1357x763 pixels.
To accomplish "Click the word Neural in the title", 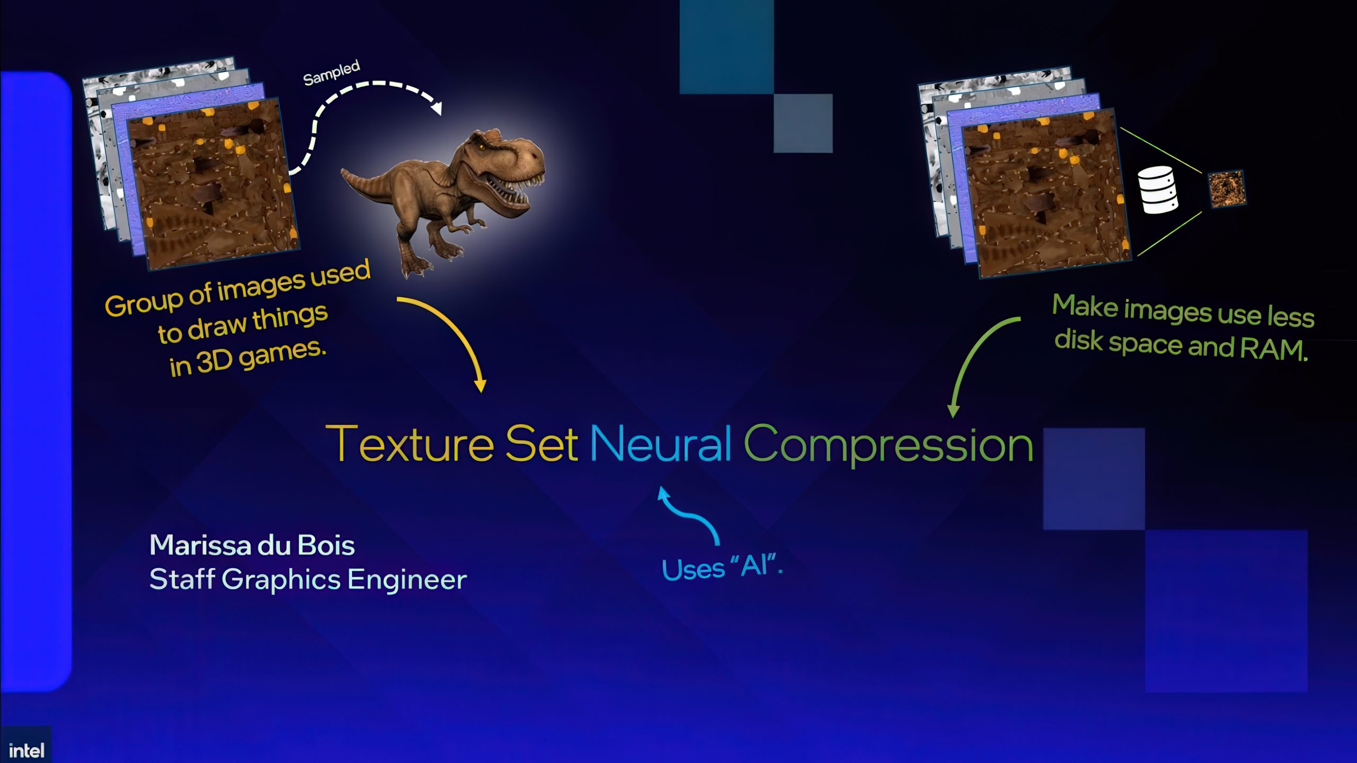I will pyautogui.click(x=660, y=444).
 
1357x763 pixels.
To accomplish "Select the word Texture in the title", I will pyautogui.click(x=410, y=444).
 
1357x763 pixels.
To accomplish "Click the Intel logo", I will pyautogui.click(x=26, y=751).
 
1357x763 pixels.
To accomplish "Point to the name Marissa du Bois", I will pyautogui.click(x=252, y=545).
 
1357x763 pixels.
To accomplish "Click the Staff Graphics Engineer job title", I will pyautogui.click(x=308, y=579).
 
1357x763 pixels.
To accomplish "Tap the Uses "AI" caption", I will pyautogui.click(x=722, y=568).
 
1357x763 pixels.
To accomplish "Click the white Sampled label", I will pyautogui.click(x=331, y=73).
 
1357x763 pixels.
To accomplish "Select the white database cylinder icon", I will pyautogui.click(x=1158, y=189).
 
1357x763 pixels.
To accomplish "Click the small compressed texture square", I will pyautogui.click(x=1227, y=188).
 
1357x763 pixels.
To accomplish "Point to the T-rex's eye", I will pyautogui.click(x=481, y=147).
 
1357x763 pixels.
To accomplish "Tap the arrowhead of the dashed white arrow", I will pyautogui.click(x=436, y=108).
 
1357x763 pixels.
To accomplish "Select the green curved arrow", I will pyautogui.click(x=972, y=358).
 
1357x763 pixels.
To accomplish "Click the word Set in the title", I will pyautogui.click(x=541, y=444).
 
